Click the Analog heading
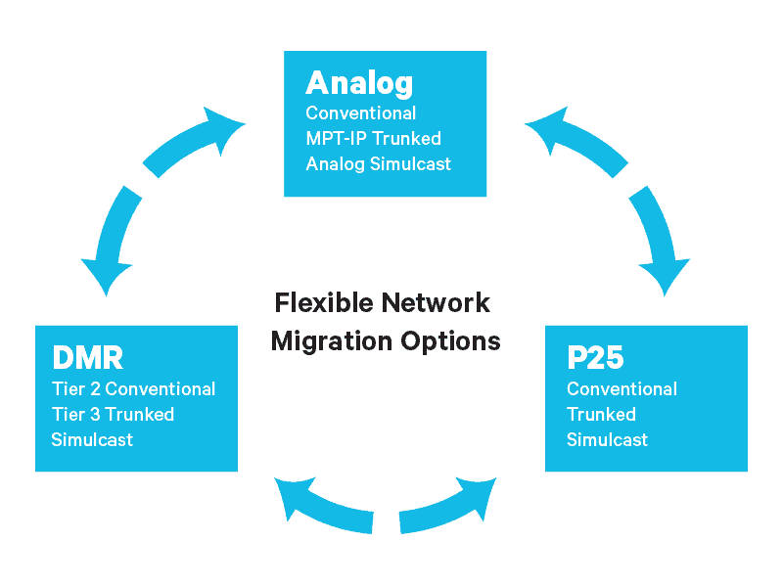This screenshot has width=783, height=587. point(359,82)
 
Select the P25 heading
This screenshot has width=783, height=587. point(595,358)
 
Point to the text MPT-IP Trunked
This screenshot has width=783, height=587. point(373,138)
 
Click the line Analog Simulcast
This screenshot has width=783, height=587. point(379,163)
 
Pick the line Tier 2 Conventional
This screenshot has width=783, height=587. point(133,388)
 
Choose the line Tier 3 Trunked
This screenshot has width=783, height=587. point(113,414)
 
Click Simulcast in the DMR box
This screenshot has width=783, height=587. point(92,439)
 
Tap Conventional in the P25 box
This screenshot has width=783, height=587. point(622,388)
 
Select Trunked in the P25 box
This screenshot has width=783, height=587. point(601,414)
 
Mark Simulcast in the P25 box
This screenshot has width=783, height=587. point(607,439)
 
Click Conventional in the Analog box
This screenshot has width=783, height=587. point(360,113)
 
